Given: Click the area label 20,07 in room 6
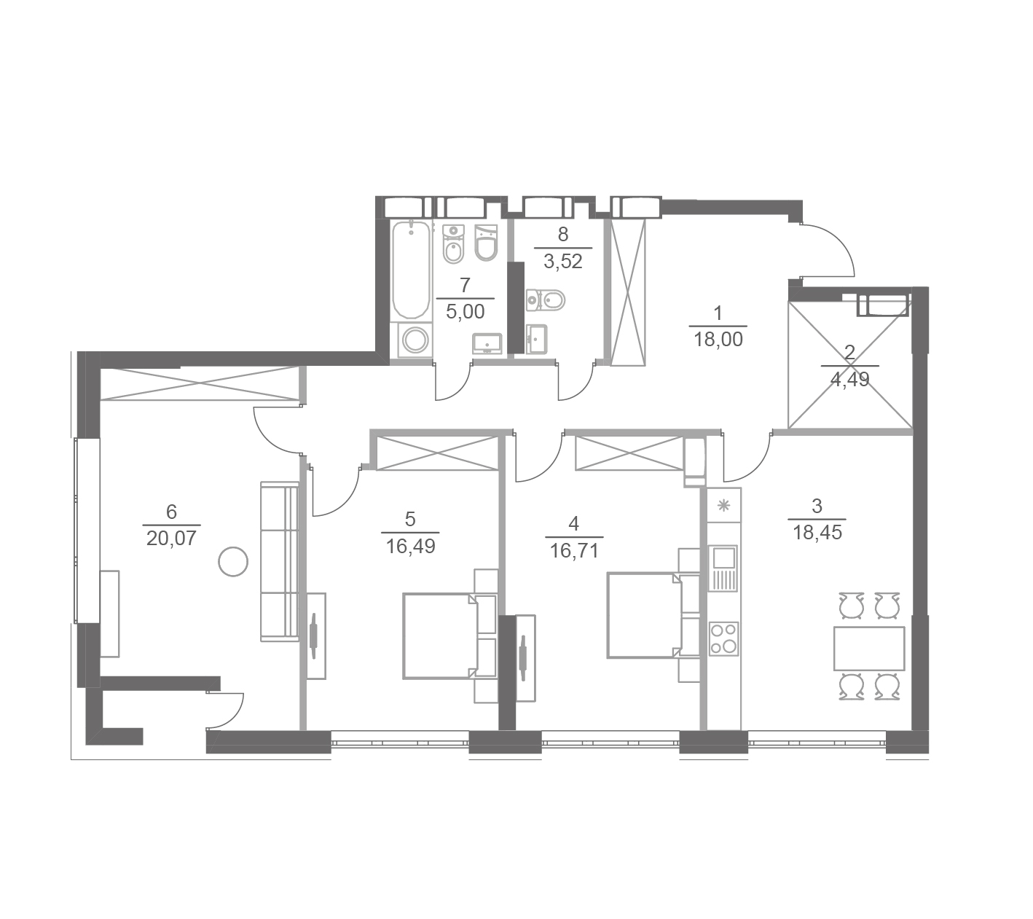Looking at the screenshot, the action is tap(170, 538).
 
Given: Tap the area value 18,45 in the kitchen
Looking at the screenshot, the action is tap(817, 533).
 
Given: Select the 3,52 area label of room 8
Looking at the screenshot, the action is tap(562, 262).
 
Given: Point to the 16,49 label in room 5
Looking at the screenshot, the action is tap(410, 546).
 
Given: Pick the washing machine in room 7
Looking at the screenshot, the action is tap(415, 340).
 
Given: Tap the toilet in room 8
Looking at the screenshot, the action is tap(545, 300).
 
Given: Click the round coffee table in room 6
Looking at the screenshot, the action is tap(233, 561).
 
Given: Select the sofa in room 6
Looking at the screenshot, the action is tap(280, 561).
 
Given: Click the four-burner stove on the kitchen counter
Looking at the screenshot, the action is tap(723, 638).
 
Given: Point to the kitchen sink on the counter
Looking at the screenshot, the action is tap(723, 568).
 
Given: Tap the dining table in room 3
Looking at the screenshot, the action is tap(869, 648).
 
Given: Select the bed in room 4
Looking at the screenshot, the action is tap(644, 615).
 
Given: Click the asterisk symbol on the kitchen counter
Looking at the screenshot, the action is tap(723, 505).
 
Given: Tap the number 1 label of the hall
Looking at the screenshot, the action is tap(718, 313).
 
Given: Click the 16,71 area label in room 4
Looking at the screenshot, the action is tap(573, 551).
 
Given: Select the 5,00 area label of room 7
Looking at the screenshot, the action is tap(465, 312).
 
